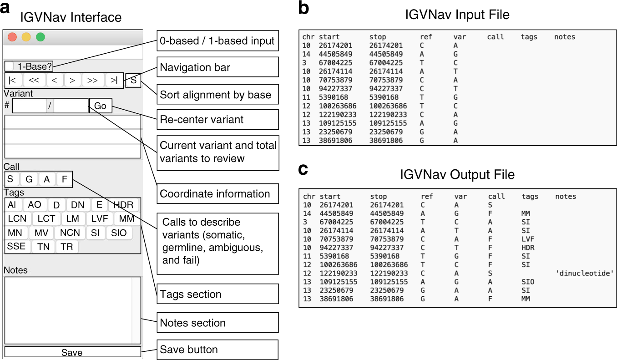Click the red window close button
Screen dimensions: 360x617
click(x=12, y=37)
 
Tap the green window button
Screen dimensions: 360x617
click(x=40, y=37)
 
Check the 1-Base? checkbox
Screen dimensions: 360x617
click(x=10, y=66)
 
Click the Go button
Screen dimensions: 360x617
click(x=100, y=106)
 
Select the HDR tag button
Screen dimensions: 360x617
click(x=123, y=205)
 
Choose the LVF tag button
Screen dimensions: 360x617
click(x=99, y=218)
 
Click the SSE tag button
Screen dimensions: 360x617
click(x=16, y=247)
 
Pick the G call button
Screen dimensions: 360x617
click(x=29, y=179)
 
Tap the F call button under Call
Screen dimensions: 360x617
click(x=64, y=179)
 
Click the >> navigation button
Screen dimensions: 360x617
click(x=92, y=81)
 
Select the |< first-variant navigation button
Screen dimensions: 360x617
click(x=13, y=81)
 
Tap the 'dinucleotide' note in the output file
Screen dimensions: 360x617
click(x=585, y=273)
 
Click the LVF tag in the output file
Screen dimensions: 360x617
click(x=528, y=238)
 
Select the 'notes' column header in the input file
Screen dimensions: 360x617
click(x=564, y=37)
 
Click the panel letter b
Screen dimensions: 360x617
click(x=303, y=9)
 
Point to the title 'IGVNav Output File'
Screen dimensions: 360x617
click(x=457, y=175)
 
